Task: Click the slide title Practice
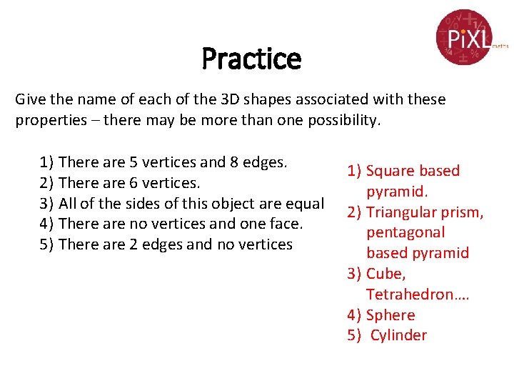click(x=251, y=59)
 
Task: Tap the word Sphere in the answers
click(x=390, y=315)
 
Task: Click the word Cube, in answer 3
click(x=385, y=274)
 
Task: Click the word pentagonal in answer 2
click(x=405, y=232)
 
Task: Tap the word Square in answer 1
click(x=390, y=171)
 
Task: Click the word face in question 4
click(x=287, y=224)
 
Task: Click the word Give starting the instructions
click(x=31, y=99)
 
